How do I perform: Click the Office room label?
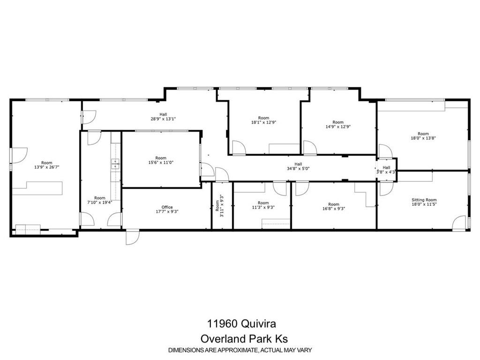click(167, 207)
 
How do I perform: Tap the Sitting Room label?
click(424, 200)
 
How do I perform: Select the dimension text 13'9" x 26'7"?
click(47, 167)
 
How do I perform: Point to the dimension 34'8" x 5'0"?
click(298, 168)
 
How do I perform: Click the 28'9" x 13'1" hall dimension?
click(163, 119)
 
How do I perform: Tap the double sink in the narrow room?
click(115, 164)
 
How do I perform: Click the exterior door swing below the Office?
click(133, 237)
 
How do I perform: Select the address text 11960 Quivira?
click(241, 323)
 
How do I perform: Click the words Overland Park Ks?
click(244, 339)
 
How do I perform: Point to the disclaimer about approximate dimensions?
click(240, 350)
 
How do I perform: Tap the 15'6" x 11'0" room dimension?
click(161, 163)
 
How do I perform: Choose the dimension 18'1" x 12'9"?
click(263, 122)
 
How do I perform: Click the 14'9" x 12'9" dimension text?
click(338, 127)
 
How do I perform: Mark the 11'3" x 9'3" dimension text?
click(263, 207)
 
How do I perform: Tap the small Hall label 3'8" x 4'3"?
click(386, 170)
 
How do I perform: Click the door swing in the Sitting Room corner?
click(459, 223)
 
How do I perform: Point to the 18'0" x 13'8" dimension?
click(423, 138)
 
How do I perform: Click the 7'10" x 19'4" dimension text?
click(100, 202)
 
